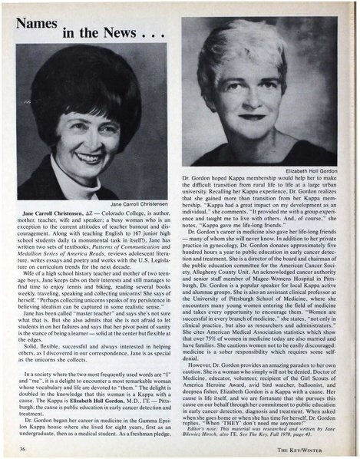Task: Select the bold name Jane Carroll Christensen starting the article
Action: click(x=61, y=213)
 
